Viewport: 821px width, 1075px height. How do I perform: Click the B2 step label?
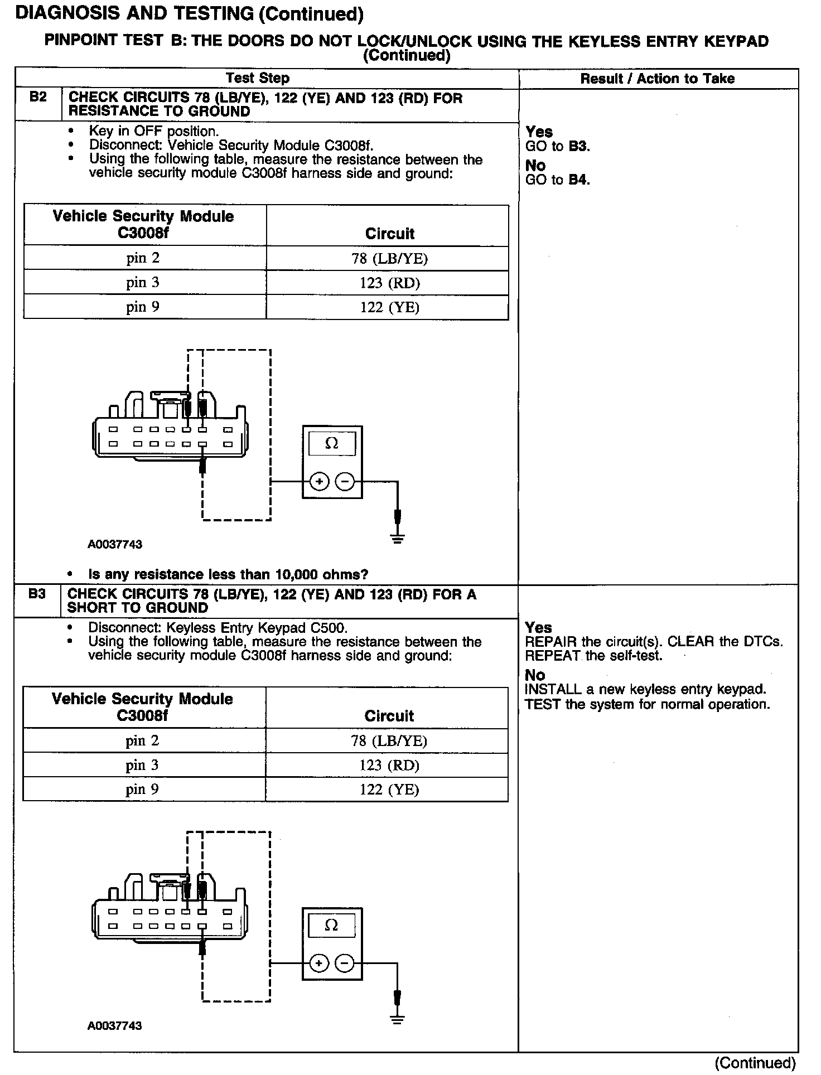click(38, 98)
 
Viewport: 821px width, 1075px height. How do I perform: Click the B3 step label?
click(37, 594)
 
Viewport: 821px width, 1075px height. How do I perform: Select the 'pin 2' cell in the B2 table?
click(143, 258)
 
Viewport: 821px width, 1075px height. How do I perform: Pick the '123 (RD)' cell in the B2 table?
click(389, 283)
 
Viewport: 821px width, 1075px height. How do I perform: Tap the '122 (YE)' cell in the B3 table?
click(389, 790)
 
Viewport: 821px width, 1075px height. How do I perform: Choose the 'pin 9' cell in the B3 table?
click(142, 790)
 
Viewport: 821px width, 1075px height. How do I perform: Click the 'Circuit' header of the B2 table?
click(389, 234)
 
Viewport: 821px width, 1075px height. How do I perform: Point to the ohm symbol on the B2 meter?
click(332, 444)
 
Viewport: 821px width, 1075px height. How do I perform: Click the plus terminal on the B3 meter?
click(318, 963)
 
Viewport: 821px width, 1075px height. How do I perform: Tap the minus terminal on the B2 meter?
click(346, 481)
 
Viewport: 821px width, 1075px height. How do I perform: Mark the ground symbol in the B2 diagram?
click(397, 539)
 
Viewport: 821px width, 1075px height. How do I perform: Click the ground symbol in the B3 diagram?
click(397, 1020)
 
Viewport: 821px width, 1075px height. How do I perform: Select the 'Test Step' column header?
click(258, 79)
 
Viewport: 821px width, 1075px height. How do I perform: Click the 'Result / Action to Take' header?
click(657, 79)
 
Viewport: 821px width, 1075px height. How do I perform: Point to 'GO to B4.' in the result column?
click(557, 180)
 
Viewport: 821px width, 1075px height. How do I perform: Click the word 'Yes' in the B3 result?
click(538, 628)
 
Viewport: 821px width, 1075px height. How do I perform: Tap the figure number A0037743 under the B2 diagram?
click(115, 545)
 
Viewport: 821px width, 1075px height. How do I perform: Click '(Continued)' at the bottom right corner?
click(755, 1063)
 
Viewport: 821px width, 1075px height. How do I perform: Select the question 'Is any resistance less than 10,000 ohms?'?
click(228, 575)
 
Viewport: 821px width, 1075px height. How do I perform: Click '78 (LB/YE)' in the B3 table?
click(389, 741)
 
